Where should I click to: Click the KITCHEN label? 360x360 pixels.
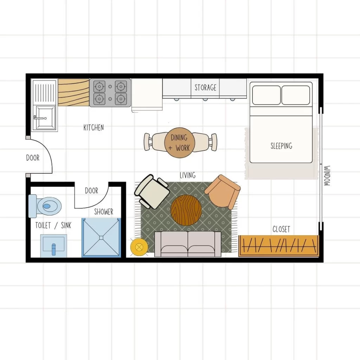pos(94,127)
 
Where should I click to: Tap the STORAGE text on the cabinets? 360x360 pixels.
pos(205,87)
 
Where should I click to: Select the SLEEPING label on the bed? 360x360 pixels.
pos(281,146)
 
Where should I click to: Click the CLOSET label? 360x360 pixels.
pos(281,229)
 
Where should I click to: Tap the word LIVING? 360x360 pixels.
pos(187,175)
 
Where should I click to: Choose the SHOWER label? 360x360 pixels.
pos(103,212)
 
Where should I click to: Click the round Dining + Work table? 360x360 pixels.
pos(179,142)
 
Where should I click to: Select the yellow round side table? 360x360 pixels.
pos(138,247)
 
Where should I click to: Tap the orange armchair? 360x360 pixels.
pos(223,192)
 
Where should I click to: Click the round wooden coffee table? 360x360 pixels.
pos(186,210)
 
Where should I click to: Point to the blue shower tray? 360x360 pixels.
pos(101,238)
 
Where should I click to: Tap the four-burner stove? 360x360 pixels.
pos(110,92)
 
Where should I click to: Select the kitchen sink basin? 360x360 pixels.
pos(45,118)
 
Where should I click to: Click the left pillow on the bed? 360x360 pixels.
pos(266,95)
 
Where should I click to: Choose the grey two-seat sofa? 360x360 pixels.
pos(188,244)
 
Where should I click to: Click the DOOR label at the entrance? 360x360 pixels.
pos(33,158)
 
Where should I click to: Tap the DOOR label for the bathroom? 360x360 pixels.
pos(91,191)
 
